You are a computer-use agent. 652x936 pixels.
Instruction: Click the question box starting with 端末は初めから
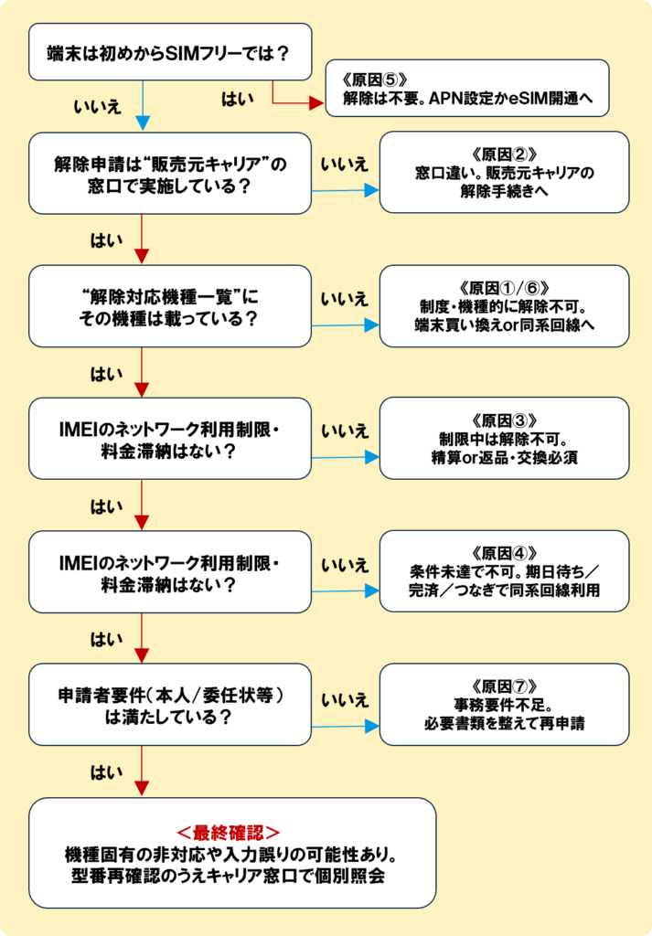click(169, 53)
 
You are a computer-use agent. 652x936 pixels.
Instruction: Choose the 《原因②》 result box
click(504, 172)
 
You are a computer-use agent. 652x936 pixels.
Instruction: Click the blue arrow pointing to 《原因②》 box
click(346, 191)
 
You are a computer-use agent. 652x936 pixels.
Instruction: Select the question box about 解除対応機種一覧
click(169, 306)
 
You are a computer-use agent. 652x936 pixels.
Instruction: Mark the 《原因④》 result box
click(504, 570)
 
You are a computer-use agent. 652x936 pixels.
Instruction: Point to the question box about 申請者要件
click(169, 704)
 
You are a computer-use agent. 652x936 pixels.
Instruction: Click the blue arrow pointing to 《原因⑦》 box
click(346, 728)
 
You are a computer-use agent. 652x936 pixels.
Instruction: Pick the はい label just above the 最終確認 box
click(102, 772)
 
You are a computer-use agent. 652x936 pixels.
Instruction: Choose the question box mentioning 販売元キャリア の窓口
click(169, 173)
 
